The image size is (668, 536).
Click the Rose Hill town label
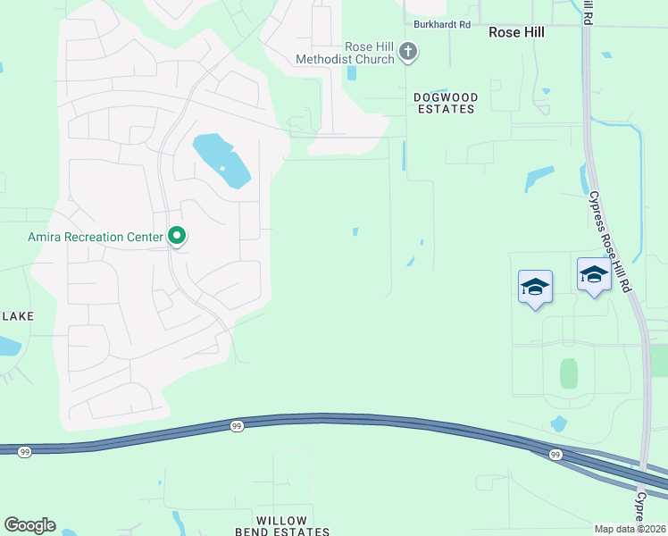coord(516,31)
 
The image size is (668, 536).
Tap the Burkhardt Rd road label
coord(441,25)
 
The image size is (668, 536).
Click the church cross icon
coord(408,52)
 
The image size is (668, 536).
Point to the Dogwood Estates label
coord(446,103)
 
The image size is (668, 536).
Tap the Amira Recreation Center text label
coord(95,237)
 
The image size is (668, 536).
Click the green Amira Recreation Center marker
coord(177,236)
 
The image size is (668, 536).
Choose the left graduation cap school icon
coord(535,287)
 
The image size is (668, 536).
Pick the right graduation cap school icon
coord(593,273)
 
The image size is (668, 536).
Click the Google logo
coord(29,524)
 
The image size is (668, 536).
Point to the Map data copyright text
coord(630,529)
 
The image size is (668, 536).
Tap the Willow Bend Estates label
coord(281,526)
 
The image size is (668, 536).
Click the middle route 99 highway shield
coord(236,426)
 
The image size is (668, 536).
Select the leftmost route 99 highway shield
coord(24,452)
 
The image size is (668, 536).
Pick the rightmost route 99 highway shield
coord(555,455)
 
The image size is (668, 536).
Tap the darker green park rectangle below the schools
coord(568,373)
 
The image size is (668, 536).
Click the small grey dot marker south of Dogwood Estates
coord(422,241)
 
